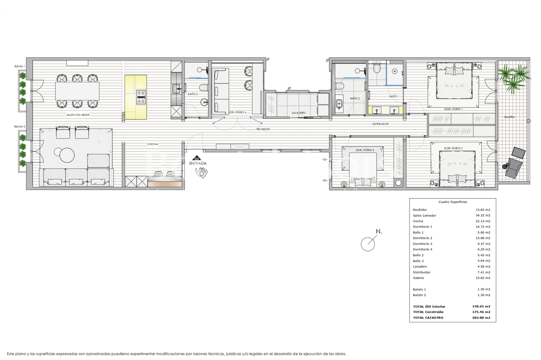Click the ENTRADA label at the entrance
tap(198, 164)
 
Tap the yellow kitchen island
tap(136, 97)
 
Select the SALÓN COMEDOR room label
tap(78, 115)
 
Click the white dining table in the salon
tap(77, 91)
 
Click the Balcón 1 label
tap(20, 66)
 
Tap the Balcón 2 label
tap(20, 126)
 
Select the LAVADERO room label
tap(298, 113)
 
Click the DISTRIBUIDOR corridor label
tap(380, 124)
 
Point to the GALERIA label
tap(509, 117)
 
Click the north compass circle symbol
tap(367, 244)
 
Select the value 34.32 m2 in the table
tap(483, 215)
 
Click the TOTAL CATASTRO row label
tap(428, 318)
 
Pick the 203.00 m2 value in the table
tap(481, 318)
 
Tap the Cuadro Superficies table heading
tap(452, 202)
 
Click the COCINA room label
tap(153, 144)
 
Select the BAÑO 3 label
tap(193, 94)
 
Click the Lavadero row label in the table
tap(420, 266)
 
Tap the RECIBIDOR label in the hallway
tap(263, 129)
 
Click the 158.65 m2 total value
tap(481, 306)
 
